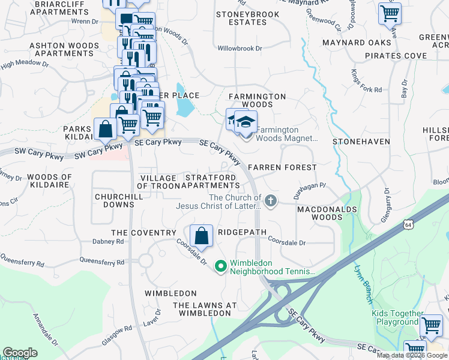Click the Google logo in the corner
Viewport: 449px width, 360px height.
pos(20,353)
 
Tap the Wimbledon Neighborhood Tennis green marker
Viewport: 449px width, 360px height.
pos(220,265)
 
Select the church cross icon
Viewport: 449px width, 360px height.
pos(271,200)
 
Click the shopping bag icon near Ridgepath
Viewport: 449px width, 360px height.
pos(202,235)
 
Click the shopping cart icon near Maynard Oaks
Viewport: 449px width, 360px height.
pos(390,13)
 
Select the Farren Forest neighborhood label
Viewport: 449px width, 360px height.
pos(282,167)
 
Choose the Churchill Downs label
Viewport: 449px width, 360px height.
pos(115,200)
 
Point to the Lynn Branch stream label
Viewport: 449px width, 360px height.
pos(363,281)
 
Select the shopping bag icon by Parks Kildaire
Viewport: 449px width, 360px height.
pos(105,128)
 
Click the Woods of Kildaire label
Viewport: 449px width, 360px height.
pos(50,181)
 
